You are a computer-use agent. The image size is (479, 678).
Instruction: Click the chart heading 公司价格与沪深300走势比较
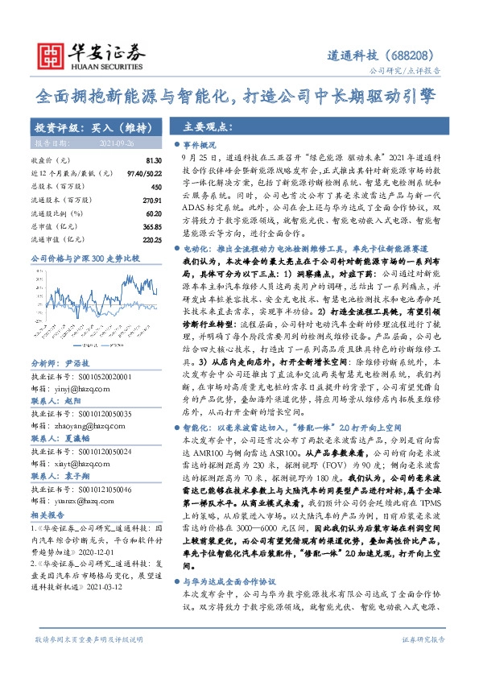pos(85,258)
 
